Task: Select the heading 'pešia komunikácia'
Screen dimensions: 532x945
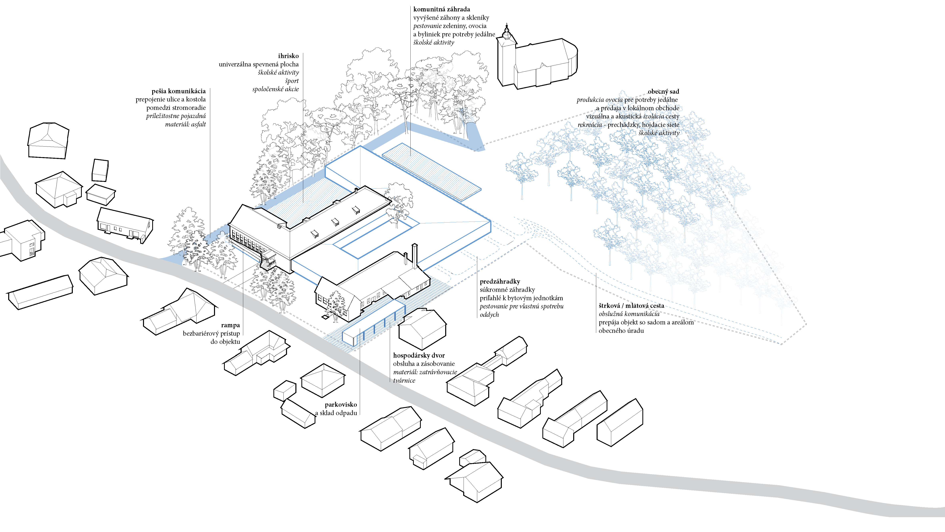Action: tap(179, 91)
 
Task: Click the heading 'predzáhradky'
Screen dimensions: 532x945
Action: tap(500, 282)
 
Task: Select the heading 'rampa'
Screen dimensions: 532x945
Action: tap(230, 325)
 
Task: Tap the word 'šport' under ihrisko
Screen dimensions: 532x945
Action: tap(292, 81)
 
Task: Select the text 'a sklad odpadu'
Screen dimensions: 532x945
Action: tap(336, 413)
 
